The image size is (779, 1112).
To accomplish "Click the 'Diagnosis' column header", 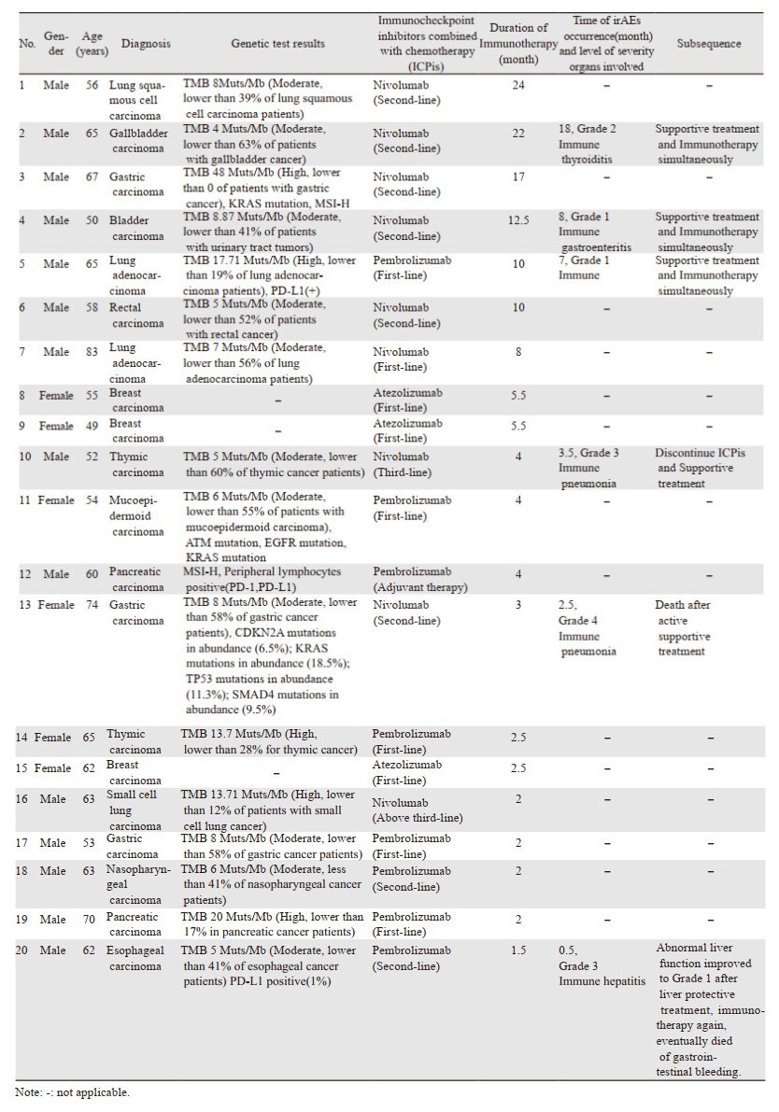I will pyautogui.click(x=146, y=44).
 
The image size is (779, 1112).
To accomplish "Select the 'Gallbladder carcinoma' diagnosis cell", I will pyautogui.click(x=138, y=140).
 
